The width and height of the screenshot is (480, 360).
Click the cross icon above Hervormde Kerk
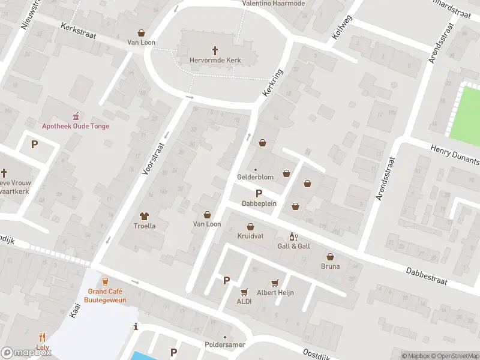(215, 50)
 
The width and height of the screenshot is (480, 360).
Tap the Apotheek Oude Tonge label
(76, 126)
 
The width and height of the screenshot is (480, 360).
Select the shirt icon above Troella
(144, 216)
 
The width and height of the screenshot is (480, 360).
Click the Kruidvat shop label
(250, 236)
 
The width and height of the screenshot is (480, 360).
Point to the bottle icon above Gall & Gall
(293, 236)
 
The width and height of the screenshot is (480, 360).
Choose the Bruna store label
(330, 266)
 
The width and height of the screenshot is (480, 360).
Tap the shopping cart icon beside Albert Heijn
(275, 283)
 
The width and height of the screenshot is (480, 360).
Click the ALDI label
(244, 301)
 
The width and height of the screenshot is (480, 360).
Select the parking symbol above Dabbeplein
(259, 193)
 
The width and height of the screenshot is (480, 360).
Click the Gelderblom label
(255, 178)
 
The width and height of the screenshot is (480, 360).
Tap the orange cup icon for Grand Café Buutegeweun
(105, 281)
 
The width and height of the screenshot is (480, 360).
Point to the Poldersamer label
(225, 346)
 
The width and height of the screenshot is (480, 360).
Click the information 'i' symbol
(136, 327)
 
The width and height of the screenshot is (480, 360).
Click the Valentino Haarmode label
(273, 4)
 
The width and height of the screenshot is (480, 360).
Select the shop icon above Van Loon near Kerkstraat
(141, 33)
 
